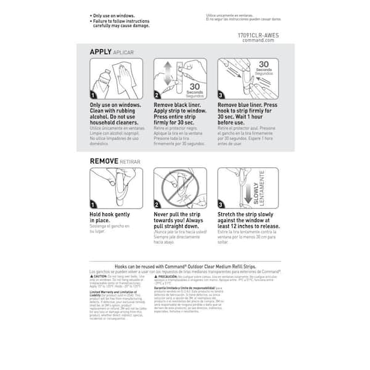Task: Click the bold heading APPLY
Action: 101,52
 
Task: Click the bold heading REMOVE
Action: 105,161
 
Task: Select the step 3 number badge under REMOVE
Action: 221,204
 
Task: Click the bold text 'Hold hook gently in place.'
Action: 109,216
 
